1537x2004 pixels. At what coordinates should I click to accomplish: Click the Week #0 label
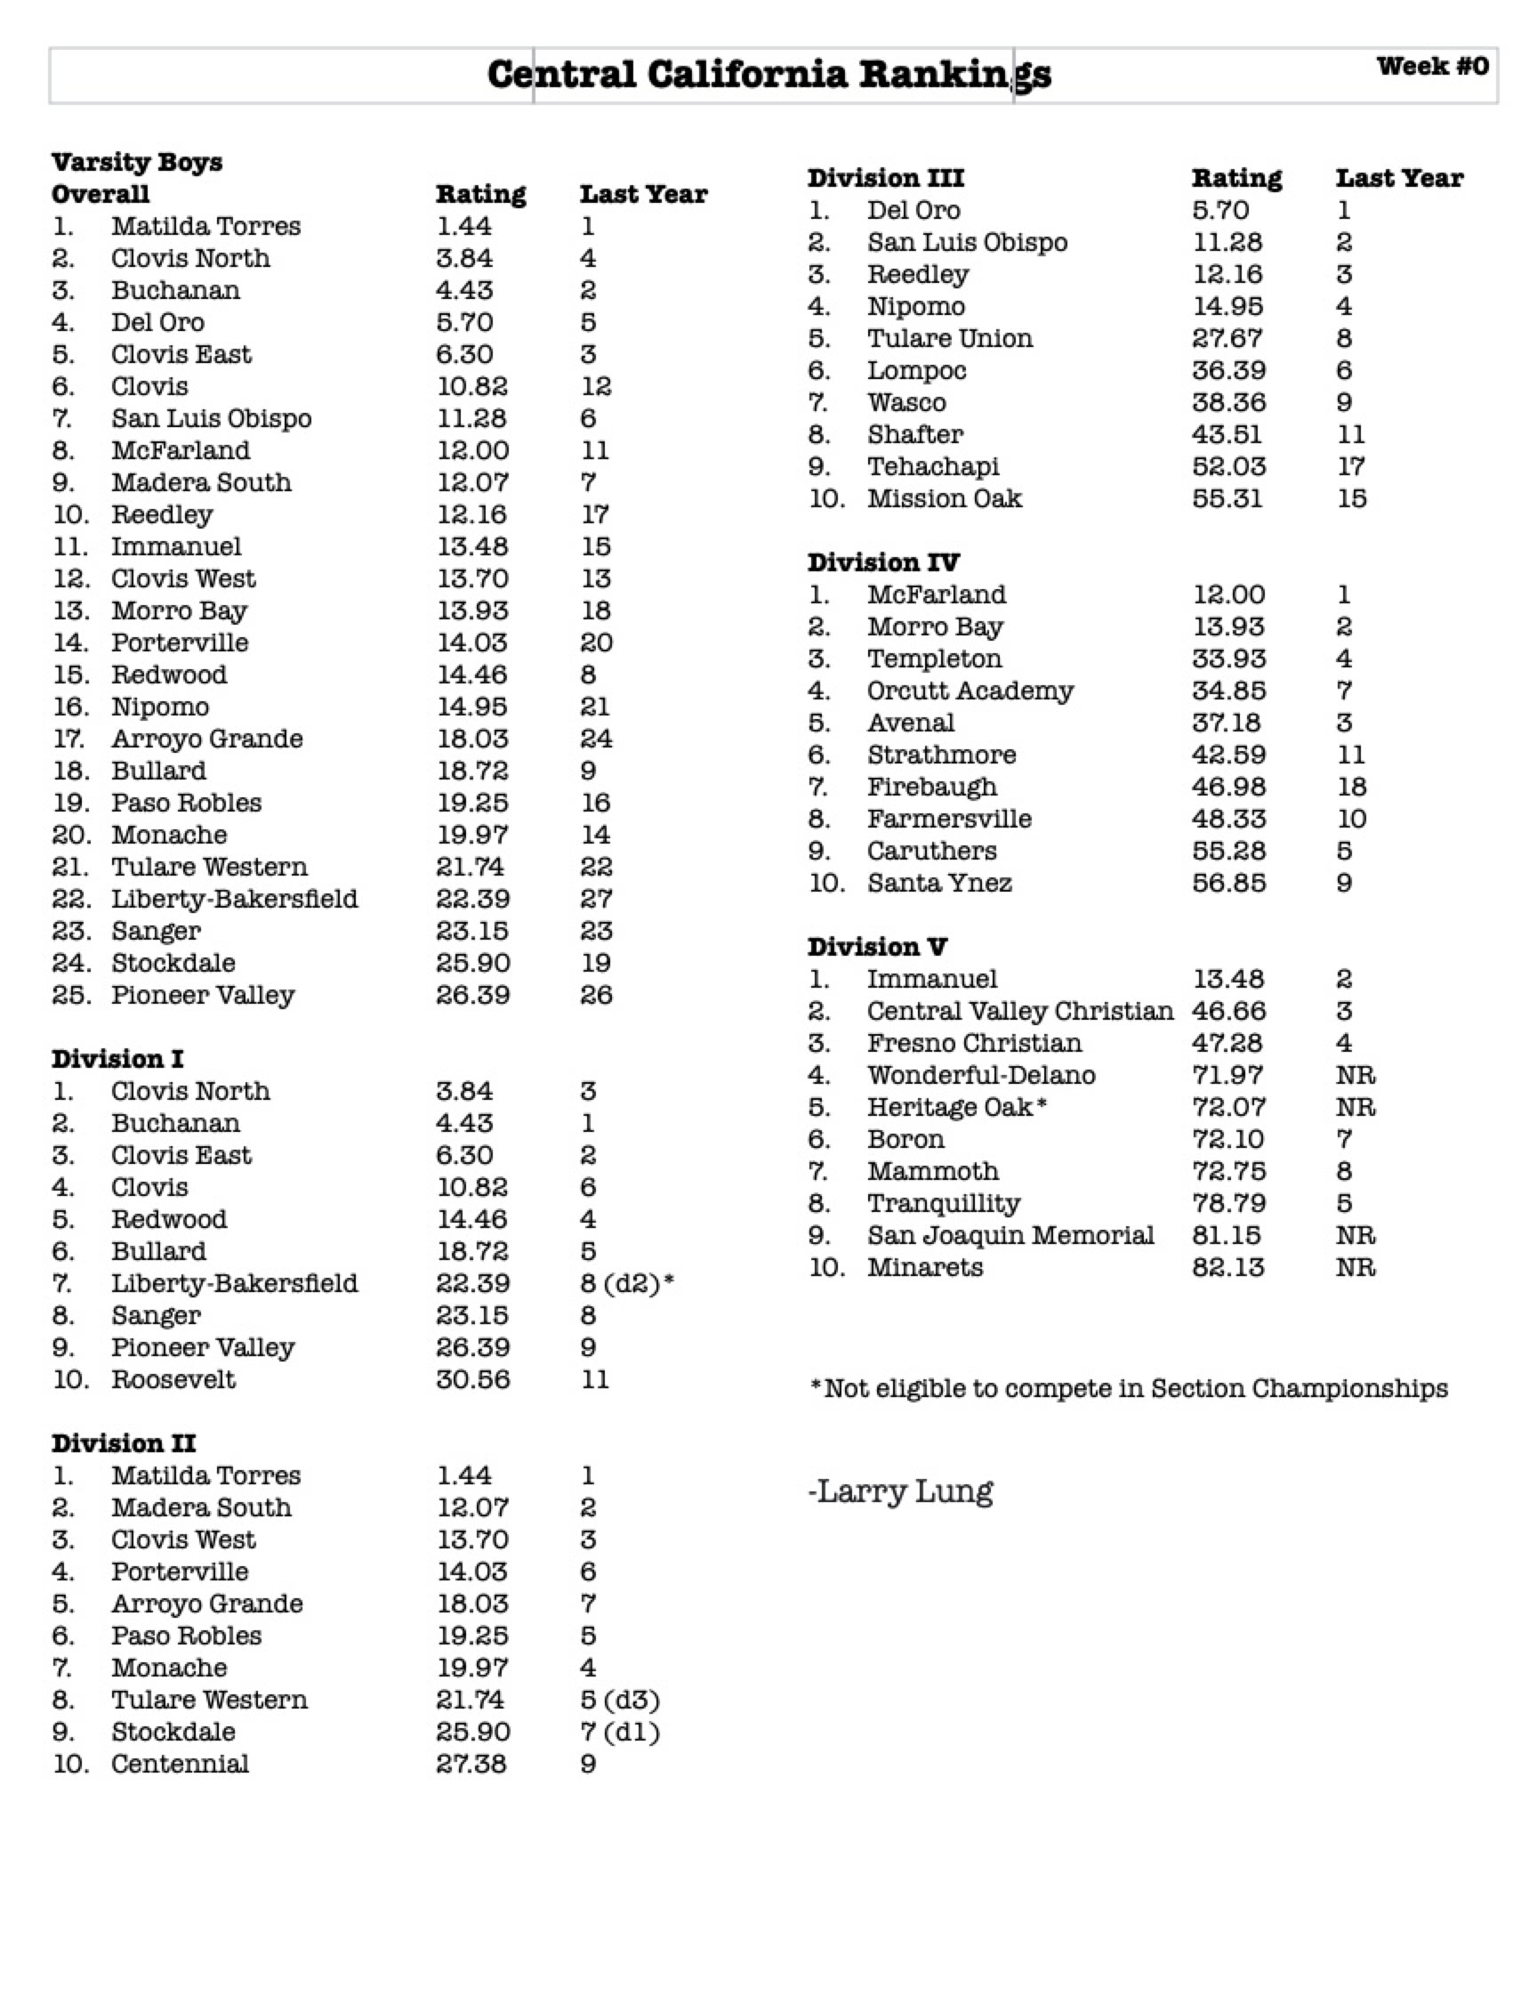(x=1432, y=66)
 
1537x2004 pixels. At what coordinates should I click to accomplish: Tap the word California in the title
(x=746, y=74)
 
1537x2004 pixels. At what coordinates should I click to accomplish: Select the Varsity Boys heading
(x=136, y=162)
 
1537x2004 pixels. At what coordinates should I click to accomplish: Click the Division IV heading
(x=883, y=562)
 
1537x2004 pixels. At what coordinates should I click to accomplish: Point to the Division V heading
(x=876, y=946)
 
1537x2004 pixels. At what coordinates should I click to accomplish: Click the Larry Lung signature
(x=901, y=1491)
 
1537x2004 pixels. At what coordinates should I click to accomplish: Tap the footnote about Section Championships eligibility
(x=1129, y=1388)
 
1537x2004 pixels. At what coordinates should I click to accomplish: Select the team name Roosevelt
(x=173, y=1379)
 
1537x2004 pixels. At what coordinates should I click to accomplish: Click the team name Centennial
(x=180, y=1764)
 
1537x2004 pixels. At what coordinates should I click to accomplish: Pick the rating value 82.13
(x=1227, y=1267)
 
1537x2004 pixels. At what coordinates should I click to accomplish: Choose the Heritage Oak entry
(x=956, y=1107)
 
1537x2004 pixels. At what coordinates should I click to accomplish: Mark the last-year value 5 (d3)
(x=619, y=1700)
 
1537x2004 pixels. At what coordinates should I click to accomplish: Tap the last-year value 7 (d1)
(x=619, y=1732)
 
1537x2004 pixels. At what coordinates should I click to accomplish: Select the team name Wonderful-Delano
(x=981, y=1075)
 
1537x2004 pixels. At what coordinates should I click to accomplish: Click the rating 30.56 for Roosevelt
(x=472, y=1379)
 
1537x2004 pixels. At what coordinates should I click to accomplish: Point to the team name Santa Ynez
(x=938, y=883)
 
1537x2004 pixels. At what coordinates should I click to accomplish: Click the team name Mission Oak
(x=944, y=498)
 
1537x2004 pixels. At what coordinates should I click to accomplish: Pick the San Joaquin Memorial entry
(x=1010, y=1235)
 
